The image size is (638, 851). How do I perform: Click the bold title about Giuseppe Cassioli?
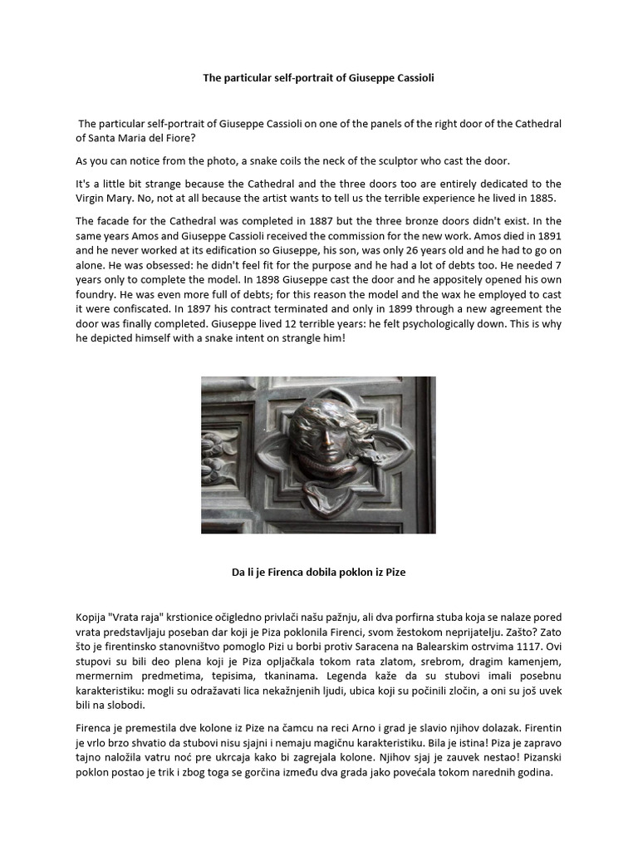(x=319, y=77)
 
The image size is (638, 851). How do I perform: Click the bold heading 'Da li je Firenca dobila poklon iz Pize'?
(x=318, y=573)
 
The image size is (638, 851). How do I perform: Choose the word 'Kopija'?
(x=92, y=617)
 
